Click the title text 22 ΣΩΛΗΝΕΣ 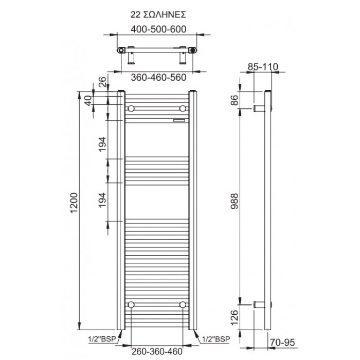(158, 15)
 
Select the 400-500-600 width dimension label (158, 29)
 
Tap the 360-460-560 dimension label (158, 78)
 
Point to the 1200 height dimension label (74, 203)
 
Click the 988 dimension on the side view (235, 201)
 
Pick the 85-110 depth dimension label (263, 67)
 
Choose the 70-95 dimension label (282, 343)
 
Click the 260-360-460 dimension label (157, 351)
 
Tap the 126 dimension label (235, 317)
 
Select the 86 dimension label (235, 100)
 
